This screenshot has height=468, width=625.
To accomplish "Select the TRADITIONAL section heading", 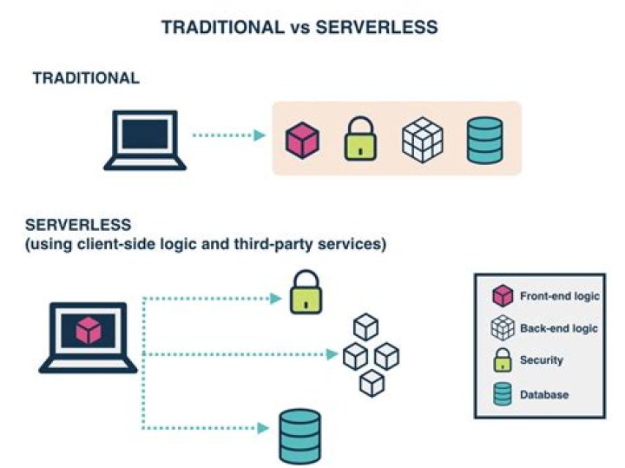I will [x=85, y=78].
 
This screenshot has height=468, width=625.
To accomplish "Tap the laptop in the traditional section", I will [x=144, y=140].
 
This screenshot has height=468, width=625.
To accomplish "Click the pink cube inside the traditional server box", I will [x=302, y=140].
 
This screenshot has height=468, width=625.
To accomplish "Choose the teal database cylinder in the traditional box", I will [x=484, y=140].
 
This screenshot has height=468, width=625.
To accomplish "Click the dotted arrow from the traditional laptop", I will [x=227, y=135].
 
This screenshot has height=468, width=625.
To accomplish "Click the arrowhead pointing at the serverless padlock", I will [x=276, y=299].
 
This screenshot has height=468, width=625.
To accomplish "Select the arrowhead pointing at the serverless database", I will [x=263, y=427].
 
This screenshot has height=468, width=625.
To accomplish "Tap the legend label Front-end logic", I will [x=559, y=296].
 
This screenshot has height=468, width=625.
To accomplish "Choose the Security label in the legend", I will [x=542, y=359].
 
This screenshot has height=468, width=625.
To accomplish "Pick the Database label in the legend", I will [x=544, y=394].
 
